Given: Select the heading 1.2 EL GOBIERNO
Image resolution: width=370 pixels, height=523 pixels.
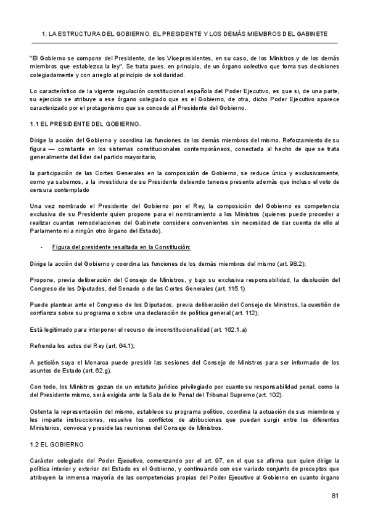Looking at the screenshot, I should click(58, 444).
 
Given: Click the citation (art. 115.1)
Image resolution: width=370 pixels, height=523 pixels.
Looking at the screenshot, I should click(228, 287).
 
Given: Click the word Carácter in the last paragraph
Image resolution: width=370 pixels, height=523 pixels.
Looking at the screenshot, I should click(43, 460).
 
